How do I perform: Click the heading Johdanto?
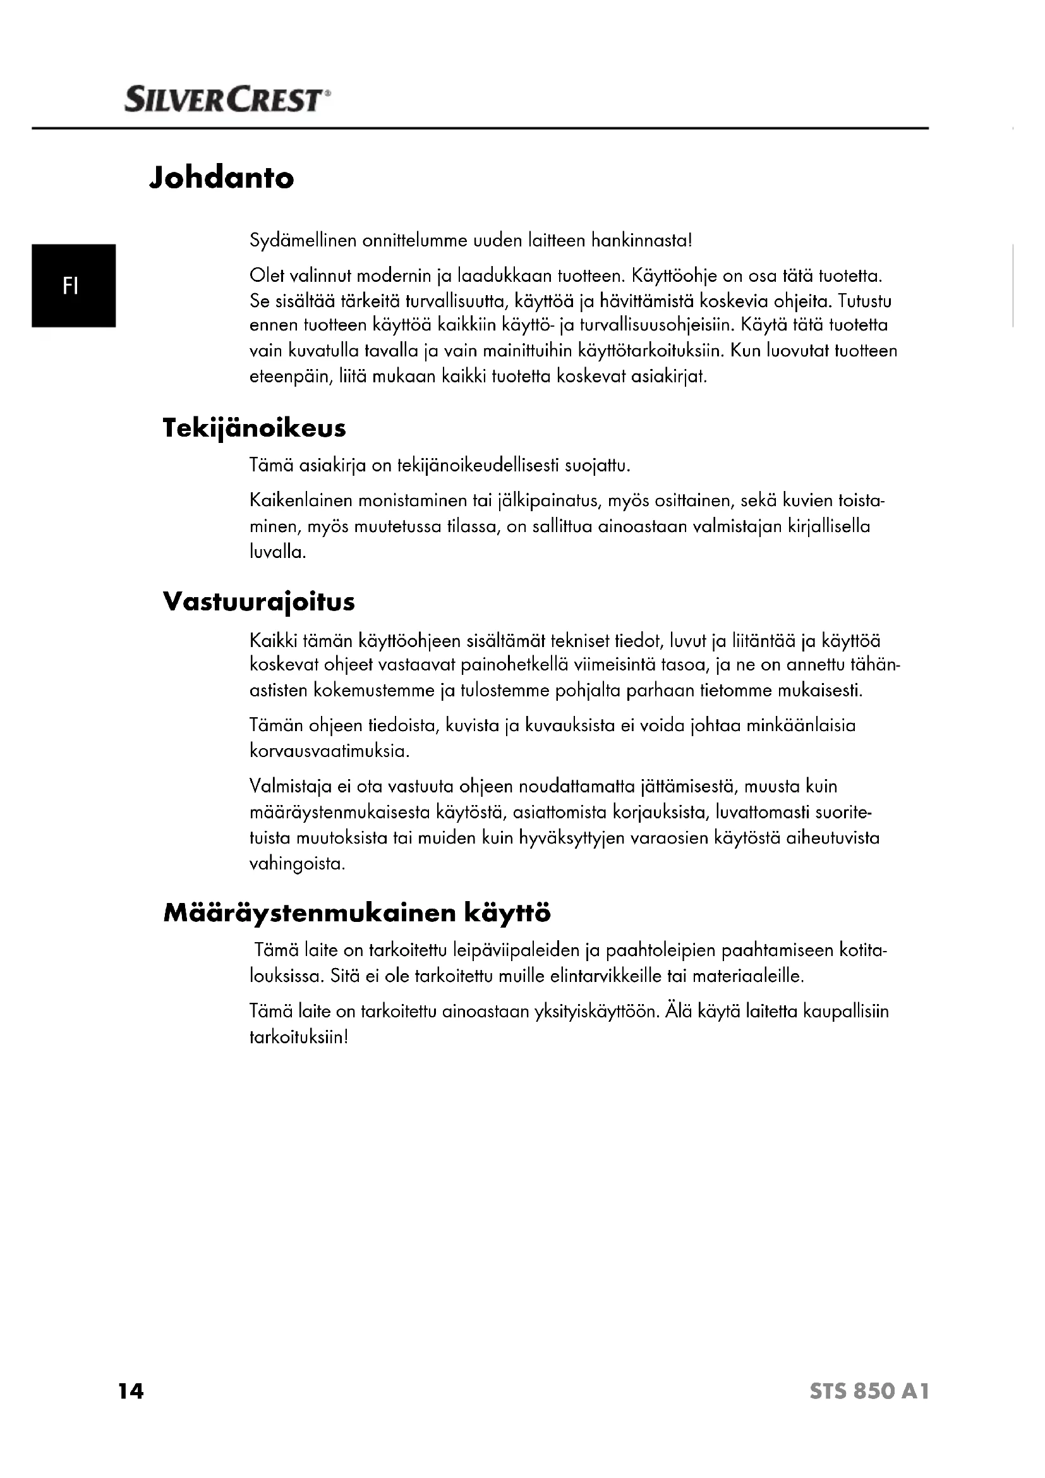tap(221, 178)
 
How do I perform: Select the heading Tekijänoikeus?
tap(254, 428)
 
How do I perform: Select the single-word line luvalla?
tap(277, 552)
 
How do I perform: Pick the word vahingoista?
tap(298, 863)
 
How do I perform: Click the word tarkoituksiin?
tap(299, 1037)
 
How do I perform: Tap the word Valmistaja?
tap(290, 786)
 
